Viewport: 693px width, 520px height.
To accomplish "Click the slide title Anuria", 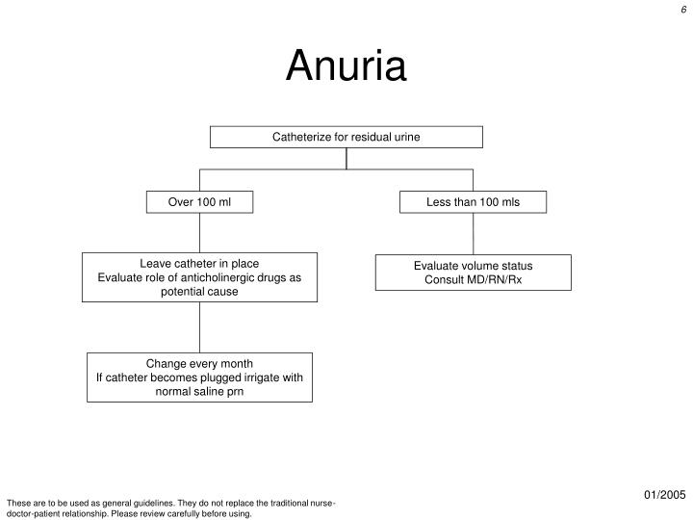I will tap(346, 66).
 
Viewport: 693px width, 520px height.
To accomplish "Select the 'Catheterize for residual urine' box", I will tap(346, 137).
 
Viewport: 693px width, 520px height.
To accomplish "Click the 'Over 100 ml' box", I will tap(199, 202).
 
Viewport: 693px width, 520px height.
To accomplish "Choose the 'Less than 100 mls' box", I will tap(473, 202).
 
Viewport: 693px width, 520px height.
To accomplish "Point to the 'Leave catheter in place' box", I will tap(199, 276).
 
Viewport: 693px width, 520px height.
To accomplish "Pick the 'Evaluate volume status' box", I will tap(473, 273).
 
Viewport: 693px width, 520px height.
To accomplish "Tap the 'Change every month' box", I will tap(199, 377).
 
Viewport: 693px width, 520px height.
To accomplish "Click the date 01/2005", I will tap(663, 495).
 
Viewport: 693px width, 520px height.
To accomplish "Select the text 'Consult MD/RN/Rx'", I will tap(473, 280).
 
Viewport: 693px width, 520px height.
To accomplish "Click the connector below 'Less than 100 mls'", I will tap(473, 233).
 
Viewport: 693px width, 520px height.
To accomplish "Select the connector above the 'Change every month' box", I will tap(199, 326).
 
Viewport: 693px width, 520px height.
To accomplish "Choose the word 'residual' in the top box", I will tap(369, 137).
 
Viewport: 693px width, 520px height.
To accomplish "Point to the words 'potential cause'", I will tap(199, 291).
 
